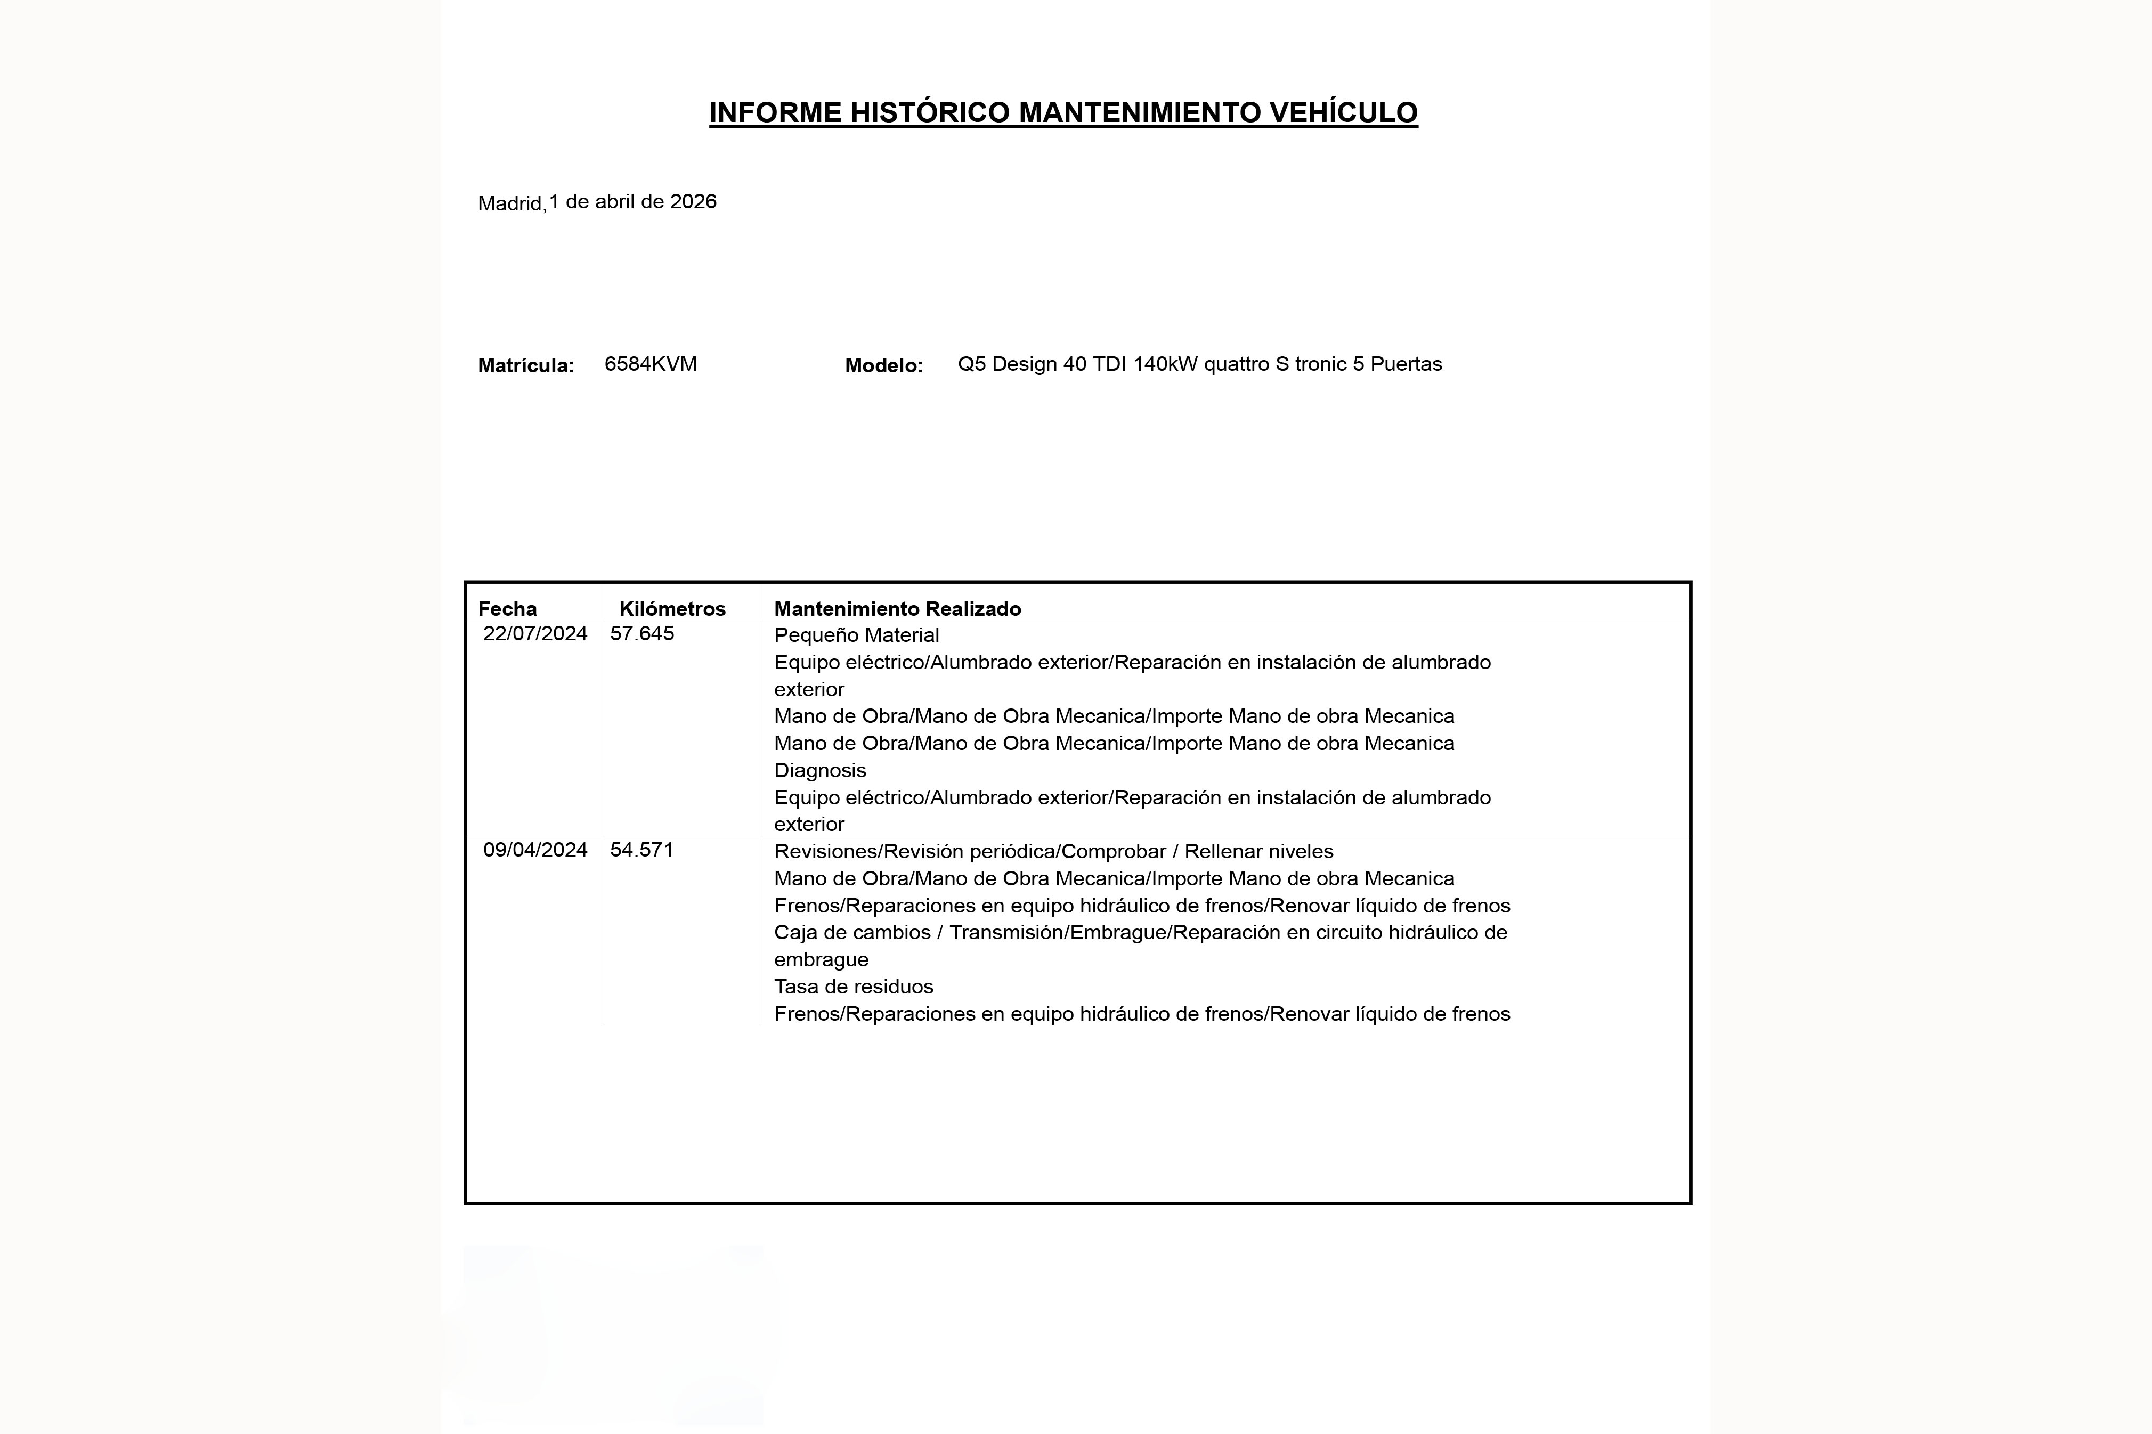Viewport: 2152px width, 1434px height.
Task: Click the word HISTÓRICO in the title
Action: [x=930, y=112]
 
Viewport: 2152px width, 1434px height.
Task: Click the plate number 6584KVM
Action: [x=650, y=364]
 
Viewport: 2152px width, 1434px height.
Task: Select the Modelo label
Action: [x=883, y=366]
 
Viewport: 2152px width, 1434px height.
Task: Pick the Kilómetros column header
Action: [x=672, y=609]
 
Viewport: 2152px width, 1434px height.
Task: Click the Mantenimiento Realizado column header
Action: [x=897, y=609]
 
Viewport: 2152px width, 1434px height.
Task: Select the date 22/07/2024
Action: [x=535, y=634]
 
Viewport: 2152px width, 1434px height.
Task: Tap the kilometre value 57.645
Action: [x=642, y=634]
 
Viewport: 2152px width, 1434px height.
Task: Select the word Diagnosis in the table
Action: [x=819, y=771]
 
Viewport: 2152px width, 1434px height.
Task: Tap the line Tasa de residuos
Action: [x=854, y=987]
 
